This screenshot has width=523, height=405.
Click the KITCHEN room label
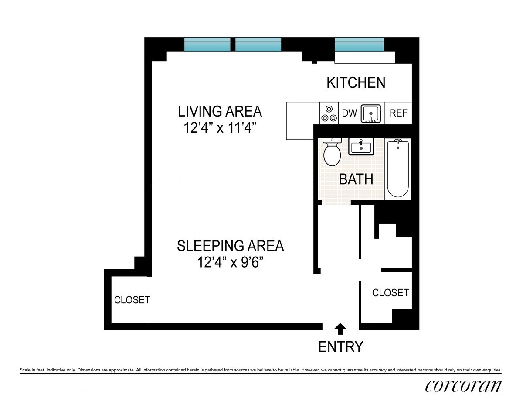click(356, 82)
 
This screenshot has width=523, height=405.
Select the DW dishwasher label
click(349, 113)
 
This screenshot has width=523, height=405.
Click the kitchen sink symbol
click(371, 113)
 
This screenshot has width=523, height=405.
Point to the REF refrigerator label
click(398, 113)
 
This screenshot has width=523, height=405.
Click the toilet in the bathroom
click(332, 152)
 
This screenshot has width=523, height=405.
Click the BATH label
click(356, 179)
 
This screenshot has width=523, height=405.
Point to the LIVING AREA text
click(220, 111)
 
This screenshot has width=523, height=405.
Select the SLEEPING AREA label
click(230, 246)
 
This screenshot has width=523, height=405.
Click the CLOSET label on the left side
click(132, 300)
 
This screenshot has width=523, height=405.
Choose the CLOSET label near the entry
click(390, 292)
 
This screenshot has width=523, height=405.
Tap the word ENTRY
click(340, 347)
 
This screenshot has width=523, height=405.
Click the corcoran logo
click(463, 386)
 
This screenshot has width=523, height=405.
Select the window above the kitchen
click(359, 45)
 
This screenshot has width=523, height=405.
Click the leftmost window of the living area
click(207, 45)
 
